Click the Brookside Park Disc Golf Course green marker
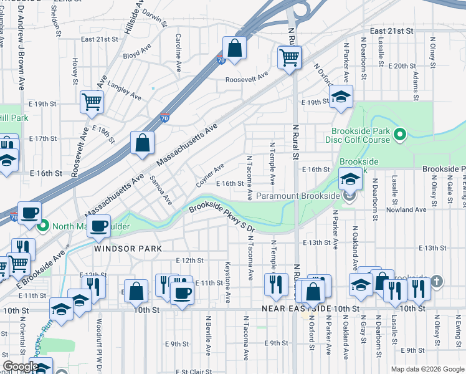(401, 134)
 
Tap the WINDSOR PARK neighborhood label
(128, 248)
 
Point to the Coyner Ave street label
(210, 175)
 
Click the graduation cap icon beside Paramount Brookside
(349, 180)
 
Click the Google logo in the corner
(21, 367)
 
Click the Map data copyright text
(426, 369)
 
